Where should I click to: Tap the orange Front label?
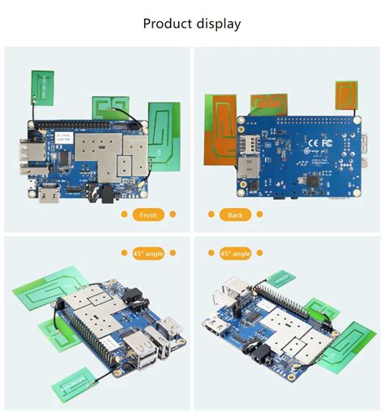click(148, 214)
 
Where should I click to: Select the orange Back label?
click(235, 214)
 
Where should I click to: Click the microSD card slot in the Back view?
click(244, 172)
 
